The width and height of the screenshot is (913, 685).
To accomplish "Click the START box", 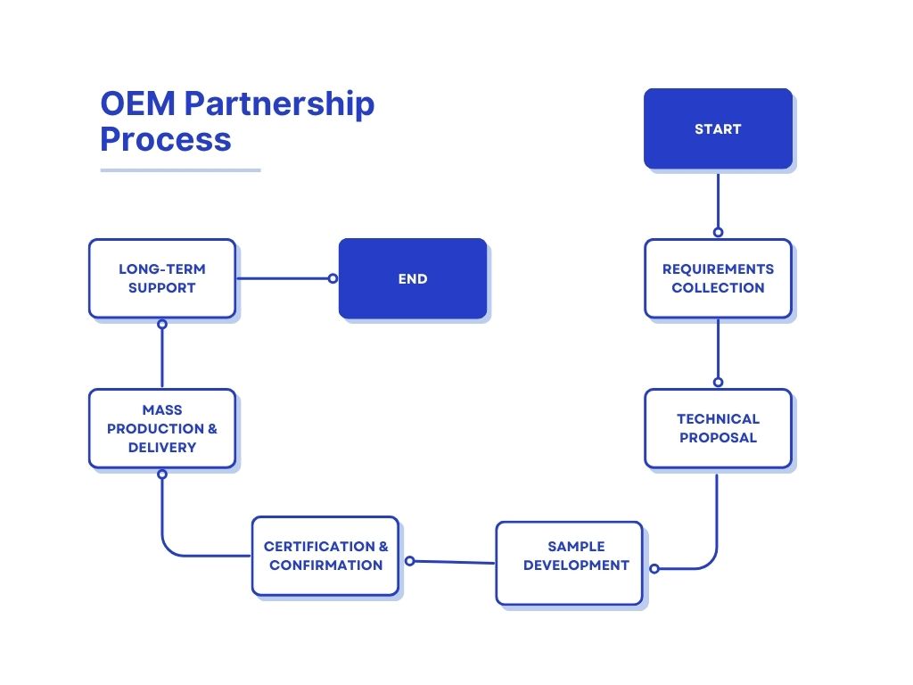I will point(718,128).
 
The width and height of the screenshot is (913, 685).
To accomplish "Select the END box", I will point(413,278).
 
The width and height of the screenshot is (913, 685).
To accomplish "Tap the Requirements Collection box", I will point(718,278).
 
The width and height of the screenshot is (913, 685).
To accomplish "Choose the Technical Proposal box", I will point(718,428).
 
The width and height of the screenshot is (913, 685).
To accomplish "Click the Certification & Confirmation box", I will point(325,556).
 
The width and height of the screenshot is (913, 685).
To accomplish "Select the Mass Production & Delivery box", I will point(162,428).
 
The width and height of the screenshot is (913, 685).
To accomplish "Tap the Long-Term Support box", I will point(162,278).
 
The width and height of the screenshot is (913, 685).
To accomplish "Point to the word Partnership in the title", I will point(279,105).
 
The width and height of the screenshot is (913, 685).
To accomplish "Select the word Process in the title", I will point(165,140).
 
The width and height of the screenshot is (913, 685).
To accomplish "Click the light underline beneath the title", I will point(180,169).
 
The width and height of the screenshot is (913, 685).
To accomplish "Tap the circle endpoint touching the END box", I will point(333,278).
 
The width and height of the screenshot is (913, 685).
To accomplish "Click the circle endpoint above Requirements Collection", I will point(718,232).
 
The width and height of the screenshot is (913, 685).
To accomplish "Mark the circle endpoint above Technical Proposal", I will point(718,382).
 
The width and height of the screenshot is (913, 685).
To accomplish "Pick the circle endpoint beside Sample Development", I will point(654,568).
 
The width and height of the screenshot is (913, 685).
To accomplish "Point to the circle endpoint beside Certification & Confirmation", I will point(409,561).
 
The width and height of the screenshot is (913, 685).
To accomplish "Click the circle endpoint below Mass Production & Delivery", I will point(162,475).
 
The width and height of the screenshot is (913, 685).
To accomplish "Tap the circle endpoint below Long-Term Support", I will point(162,325).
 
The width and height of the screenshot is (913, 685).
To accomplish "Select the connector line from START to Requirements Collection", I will point(718,201).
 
